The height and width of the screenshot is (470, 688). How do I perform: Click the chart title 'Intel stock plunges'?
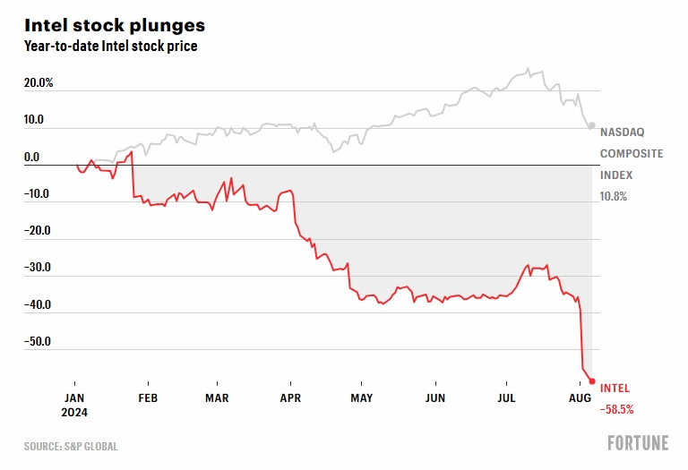(114, 24)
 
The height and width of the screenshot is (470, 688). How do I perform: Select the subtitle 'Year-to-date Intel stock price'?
(110, 47)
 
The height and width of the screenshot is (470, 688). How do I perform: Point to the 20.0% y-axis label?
(39, 83)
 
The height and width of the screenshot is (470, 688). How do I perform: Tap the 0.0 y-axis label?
(31, 158)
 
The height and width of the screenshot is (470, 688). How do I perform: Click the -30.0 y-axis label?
(39, 268)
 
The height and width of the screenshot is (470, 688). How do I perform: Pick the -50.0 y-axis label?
(39, 341)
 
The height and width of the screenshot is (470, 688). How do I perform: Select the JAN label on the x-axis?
(74, 397)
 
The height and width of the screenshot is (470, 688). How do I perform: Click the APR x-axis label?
(290, 397)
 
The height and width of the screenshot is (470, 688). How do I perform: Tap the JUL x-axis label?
(506, 397)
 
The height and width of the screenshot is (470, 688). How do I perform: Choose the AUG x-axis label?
(580, 397)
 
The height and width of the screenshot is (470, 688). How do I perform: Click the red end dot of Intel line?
(592, 381)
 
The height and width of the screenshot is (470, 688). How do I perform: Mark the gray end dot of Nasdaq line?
(592, 125)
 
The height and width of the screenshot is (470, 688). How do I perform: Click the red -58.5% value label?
(616, 409)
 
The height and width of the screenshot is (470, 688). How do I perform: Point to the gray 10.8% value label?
(614, 197)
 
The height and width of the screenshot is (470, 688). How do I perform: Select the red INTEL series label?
(615, 389)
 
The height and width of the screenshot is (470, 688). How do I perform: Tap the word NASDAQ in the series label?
(620, 131)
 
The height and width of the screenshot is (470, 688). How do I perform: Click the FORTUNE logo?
(637, 443)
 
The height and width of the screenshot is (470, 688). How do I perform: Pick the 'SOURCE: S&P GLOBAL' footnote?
(71, 446)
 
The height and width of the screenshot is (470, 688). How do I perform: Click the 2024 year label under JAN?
(76, 413)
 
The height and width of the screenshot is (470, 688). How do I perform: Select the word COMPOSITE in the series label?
(632, 153)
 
